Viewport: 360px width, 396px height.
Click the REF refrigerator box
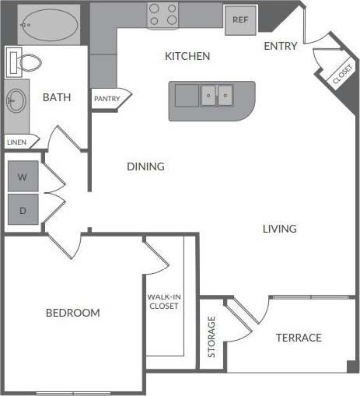click(x=240, y=19)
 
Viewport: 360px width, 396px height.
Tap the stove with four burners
click(x=164, y=15)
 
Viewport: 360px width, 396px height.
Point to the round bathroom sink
click(x=16, y=100)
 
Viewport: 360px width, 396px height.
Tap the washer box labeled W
click(x=23, y=177)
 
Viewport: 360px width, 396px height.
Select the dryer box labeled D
click(x=23, y=210)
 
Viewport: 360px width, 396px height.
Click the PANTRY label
click(x=107, y=99)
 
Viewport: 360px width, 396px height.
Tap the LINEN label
click(x=16, y=142)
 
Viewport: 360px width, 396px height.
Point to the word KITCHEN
click(x=187, y=57)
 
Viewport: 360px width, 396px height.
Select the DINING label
click(x=145, y=166)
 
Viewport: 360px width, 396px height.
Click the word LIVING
click(x=279, y=229)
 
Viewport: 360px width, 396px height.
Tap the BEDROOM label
click(x=72, y=313)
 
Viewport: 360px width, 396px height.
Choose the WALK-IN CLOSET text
click(x=163, y=301)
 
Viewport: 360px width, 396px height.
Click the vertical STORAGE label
click(x=212, y=337)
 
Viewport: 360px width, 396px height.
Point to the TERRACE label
click(x=299, y=338)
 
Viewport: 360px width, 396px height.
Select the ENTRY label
click(x=281, y=46)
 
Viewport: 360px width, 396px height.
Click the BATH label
click(x=57, y=97)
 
